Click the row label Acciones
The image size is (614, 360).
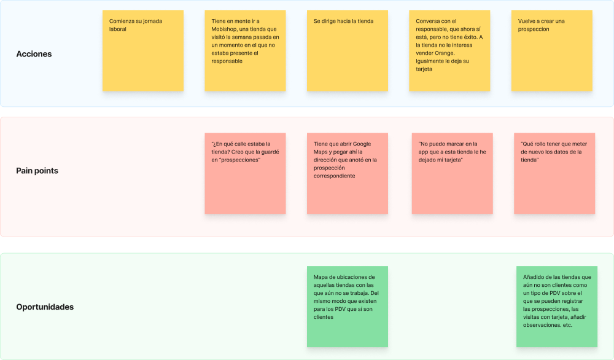[x=34, y=54]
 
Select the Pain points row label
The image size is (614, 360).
[x=37, y=171]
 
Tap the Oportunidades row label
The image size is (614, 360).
[x=45, y=307]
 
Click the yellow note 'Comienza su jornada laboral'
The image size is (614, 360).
[x=143, y=50]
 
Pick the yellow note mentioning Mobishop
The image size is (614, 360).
[x=245, y=50]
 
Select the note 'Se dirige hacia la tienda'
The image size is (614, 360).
[x=348, y=50]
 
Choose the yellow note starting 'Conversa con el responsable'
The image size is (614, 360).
[x=449, y=50]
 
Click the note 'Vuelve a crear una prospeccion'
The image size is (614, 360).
[x=552, y=50]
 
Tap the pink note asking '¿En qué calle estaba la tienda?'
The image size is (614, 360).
[x=245, y=173]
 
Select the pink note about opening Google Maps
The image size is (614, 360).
[x=348, y=173]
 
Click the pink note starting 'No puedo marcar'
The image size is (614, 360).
[x=453, y=173]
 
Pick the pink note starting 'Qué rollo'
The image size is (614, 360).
[x=554, y=173]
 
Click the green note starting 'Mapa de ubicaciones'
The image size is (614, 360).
[x=348, y=307]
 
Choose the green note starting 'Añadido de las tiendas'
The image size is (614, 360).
[x=557, y=307]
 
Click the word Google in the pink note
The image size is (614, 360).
[x=362, y=144]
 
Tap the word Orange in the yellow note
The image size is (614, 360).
[x=445, y=53]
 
